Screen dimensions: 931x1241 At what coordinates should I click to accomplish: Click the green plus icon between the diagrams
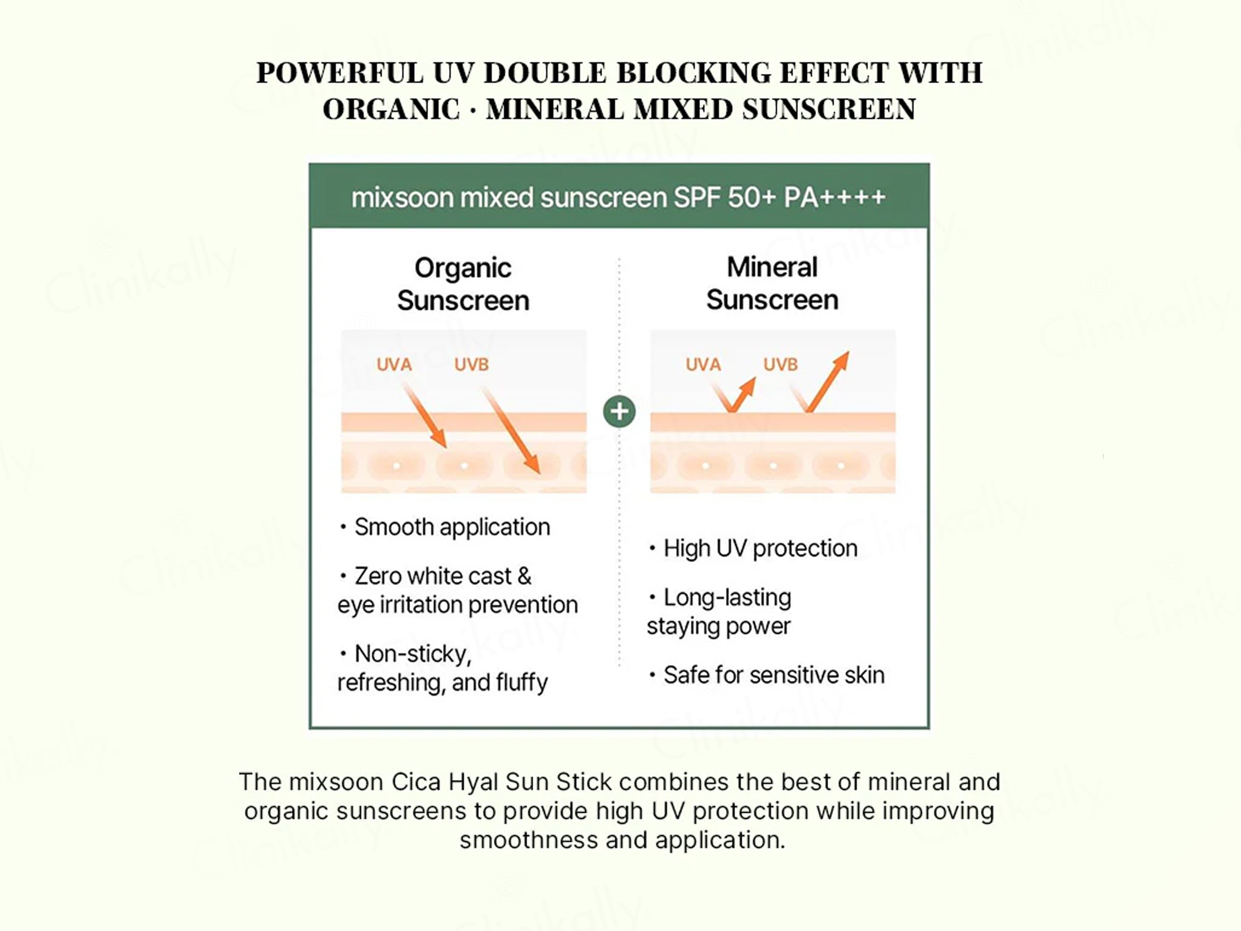click(x=619, y=412)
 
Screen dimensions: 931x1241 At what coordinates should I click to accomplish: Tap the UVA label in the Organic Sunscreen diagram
click(x=394, y=365)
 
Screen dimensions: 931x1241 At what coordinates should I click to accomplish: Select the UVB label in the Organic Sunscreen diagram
click(x=471, y=365)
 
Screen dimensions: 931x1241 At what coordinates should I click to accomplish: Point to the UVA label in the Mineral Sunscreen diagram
click(x=703, y=365)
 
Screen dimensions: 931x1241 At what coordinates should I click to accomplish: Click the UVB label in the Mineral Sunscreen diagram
click(x=780, y=365)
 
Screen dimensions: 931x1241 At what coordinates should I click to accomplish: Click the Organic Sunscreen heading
click(x=463, y=284)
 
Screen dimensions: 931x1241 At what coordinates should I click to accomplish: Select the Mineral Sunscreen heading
click(x=772, y=283)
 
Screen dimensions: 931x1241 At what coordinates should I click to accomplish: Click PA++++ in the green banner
click(x=834, y=197)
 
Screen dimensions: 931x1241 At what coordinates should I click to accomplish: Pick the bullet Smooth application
click(x=452, y=527)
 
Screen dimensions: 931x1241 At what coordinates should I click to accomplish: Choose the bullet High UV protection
click(x=760, y=548)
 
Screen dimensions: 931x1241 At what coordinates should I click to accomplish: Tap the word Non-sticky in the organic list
click(x=412, y=654)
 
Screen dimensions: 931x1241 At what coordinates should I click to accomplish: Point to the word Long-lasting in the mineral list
click(x=727, y=598)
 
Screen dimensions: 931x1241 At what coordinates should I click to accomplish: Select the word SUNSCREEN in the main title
click(x=829, y=109)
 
